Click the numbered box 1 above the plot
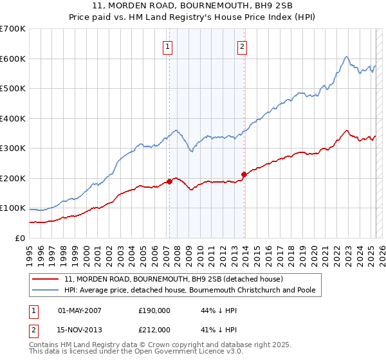coord(167,46)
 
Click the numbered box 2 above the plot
coord(243,46)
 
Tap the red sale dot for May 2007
coord(169,181)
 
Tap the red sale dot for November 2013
coord(244,174)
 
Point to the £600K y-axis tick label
coord(12,59)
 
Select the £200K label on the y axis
coord(12,178)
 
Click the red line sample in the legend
coord(46,279)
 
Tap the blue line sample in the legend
coord(46,290)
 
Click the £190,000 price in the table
coord(154,310)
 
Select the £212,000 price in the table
coord(154,330)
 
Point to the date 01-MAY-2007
coord(80,310)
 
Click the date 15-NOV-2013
coord(80,330)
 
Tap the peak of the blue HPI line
coord(346,57)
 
